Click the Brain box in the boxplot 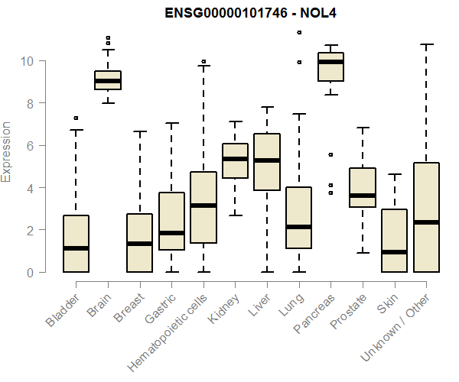coord(108,80)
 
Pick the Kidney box coord(235,160)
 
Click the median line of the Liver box coord(267,160)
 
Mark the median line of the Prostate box coord(363,196)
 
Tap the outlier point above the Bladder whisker coord(76,118)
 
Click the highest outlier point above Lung coord(299,32)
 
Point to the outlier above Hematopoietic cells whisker coord(203,61)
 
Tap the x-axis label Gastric coord(161,308)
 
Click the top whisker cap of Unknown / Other coord(426,44)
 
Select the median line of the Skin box coord(394,251)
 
